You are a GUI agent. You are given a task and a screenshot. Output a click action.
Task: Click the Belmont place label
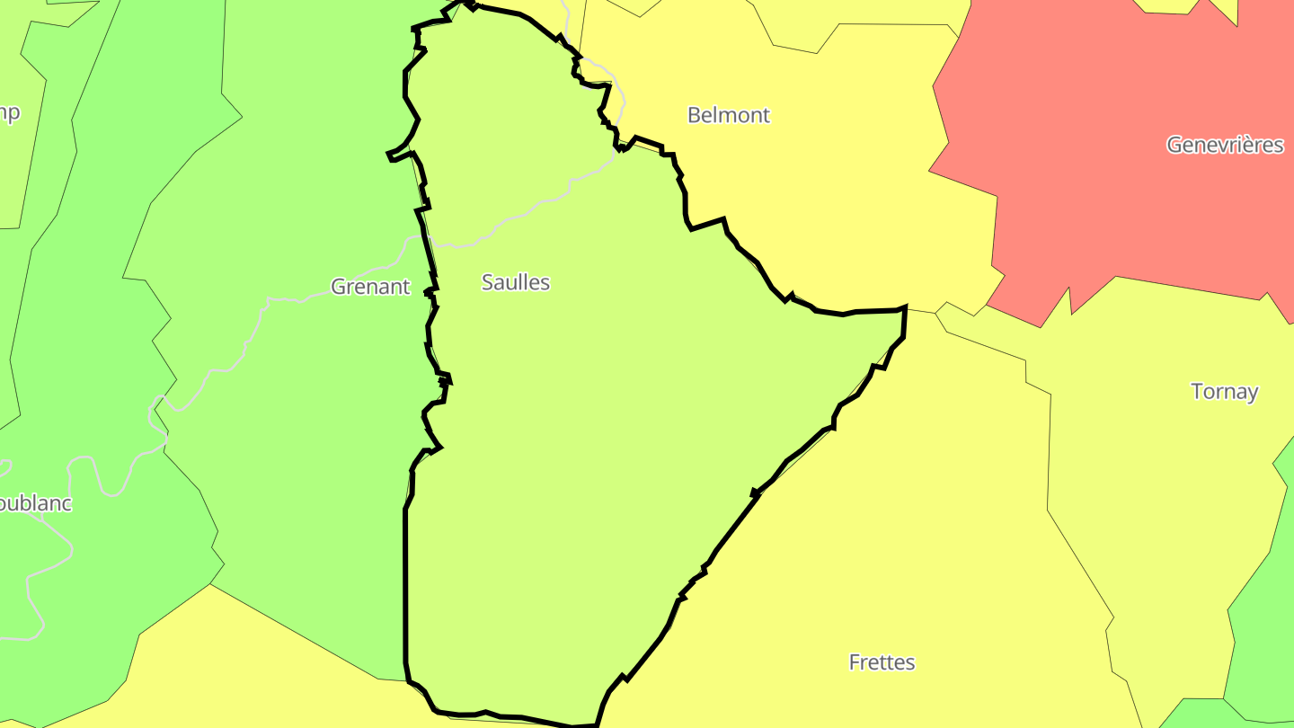click(x=728, y=115)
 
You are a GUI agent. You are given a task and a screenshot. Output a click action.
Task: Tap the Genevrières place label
click(x=1225, y=145)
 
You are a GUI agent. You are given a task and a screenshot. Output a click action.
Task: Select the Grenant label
click(x=370, y=287)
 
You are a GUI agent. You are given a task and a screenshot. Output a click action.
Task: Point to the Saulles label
click(x=516, y=282)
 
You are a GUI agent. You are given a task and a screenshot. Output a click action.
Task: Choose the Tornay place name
click(x=1224, y=392)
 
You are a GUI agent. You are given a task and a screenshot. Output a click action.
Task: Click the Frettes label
click(x=882, y=662)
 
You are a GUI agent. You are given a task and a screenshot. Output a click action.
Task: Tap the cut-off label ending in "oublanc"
click(x=34, y=503)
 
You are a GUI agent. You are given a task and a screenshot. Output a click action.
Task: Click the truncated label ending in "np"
click(x=9, y=113)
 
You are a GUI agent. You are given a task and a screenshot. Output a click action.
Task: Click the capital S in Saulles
click(x=488, y=282)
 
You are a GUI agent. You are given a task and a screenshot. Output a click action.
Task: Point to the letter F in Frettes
click(x=855, y=662)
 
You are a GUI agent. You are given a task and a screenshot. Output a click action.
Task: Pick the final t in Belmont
click(x=766, y=115)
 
